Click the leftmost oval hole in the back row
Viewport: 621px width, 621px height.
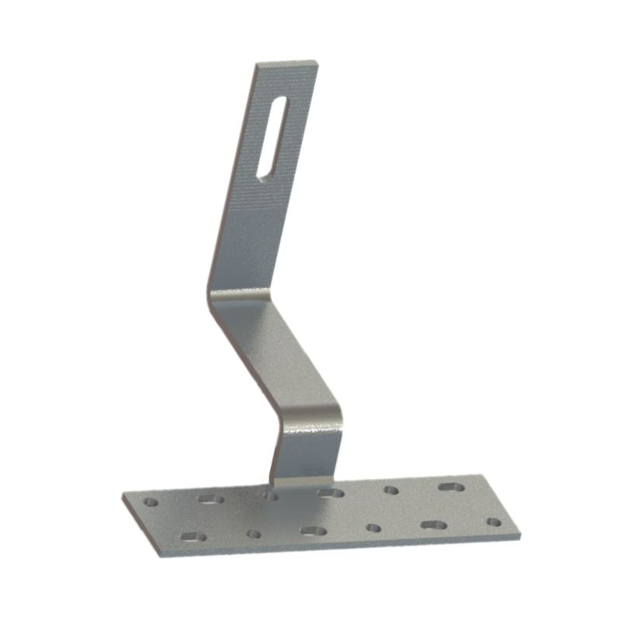210,498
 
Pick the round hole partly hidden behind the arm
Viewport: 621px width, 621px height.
271,494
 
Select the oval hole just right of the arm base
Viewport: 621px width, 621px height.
331,492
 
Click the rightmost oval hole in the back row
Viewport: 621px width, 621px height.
451,487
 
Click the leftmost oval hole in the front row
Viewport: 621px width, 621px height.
190,536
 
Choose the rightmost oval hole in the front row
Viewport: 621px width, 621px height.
433,525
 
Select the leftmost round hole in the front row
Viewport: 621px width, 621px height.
253,533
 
